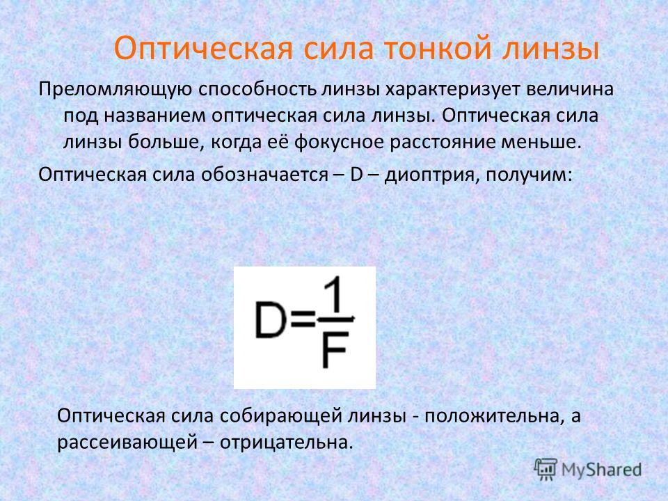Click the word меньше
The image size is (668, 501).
(x=541, y=142)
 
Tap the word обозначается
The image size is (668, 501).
(x=264, y=175)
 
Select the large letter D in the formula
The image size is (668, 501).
(x=270, y=320)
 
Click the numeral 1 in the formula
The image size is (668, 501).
(x=335, y=295)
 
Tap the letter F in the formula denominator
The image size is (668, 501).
(x=335, y=351)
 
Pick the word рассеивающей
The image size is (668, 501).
(x=127, y=443)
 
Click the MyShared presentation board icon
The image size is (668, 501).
(x=546, y=469)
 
